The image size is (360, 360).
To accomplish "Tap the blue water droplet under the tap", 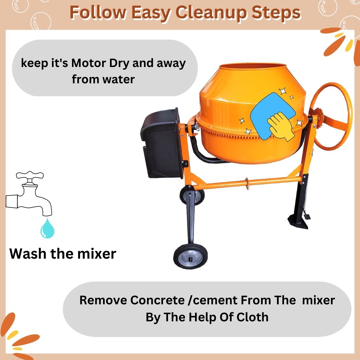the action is click(48, 228).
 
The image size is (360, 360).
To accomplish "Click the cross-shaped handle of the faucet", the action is click(30, 175).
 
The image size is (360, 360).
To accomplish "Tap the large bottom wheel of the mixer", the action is click(191, 256).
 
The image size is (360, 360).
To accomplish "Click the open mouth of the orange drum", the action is click(253, 67).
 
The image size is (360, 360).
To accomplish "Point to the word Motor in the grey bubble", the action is click(89, 63).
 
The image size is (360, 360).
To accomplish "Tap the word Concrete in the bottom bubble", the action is click(157, 300).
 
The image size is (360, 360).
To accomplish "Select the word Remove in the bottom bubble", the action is click(103, 300).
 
